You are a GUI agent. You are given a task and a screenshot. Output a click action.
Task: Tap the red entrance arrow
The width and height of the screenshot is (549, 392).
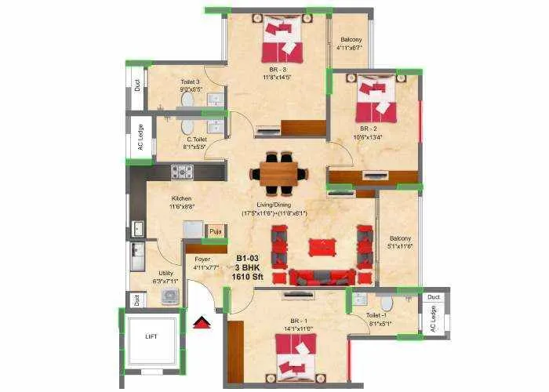click(x=202, y=322)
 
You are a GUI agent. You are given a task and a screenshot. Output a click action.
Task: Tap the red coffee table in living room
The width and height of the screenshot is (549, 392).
click(x=321, y=247)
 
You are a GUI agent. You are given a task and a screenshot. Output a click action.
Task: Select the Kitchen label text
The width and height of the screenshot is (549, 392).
click(x=182, y=199)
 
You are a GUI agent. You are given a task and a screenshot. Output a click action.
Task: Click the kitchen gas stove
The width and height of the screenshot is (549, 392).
click(x=182, y=171)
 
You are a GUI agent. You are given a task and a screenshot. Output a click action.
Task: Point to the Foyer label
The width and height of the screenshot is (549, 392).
click(x=203, y=258)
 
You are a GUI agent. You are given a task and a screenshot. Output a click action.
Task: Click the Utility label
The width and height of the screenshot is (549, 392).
click(x=166, y=273)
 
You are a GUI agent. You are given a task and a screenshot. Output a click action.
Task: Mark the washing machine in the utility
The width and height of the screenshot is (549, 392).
click(x=169, y=295)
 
